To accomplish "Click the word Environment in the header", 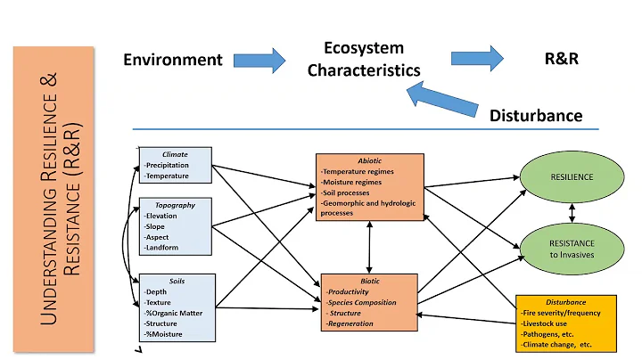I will tap(172, 60).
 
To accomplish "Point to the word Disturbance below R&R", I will tap(536, 115).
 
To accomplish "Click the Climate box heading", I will tap(175, 154).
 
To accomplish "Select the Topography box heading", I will tap(175, 204).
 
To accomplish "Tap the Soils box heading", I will tap(175, 279).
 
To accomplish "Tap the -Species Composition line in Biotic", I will tap(363, 303).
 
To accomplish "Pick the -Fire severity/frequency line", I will tap(560, 313).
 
